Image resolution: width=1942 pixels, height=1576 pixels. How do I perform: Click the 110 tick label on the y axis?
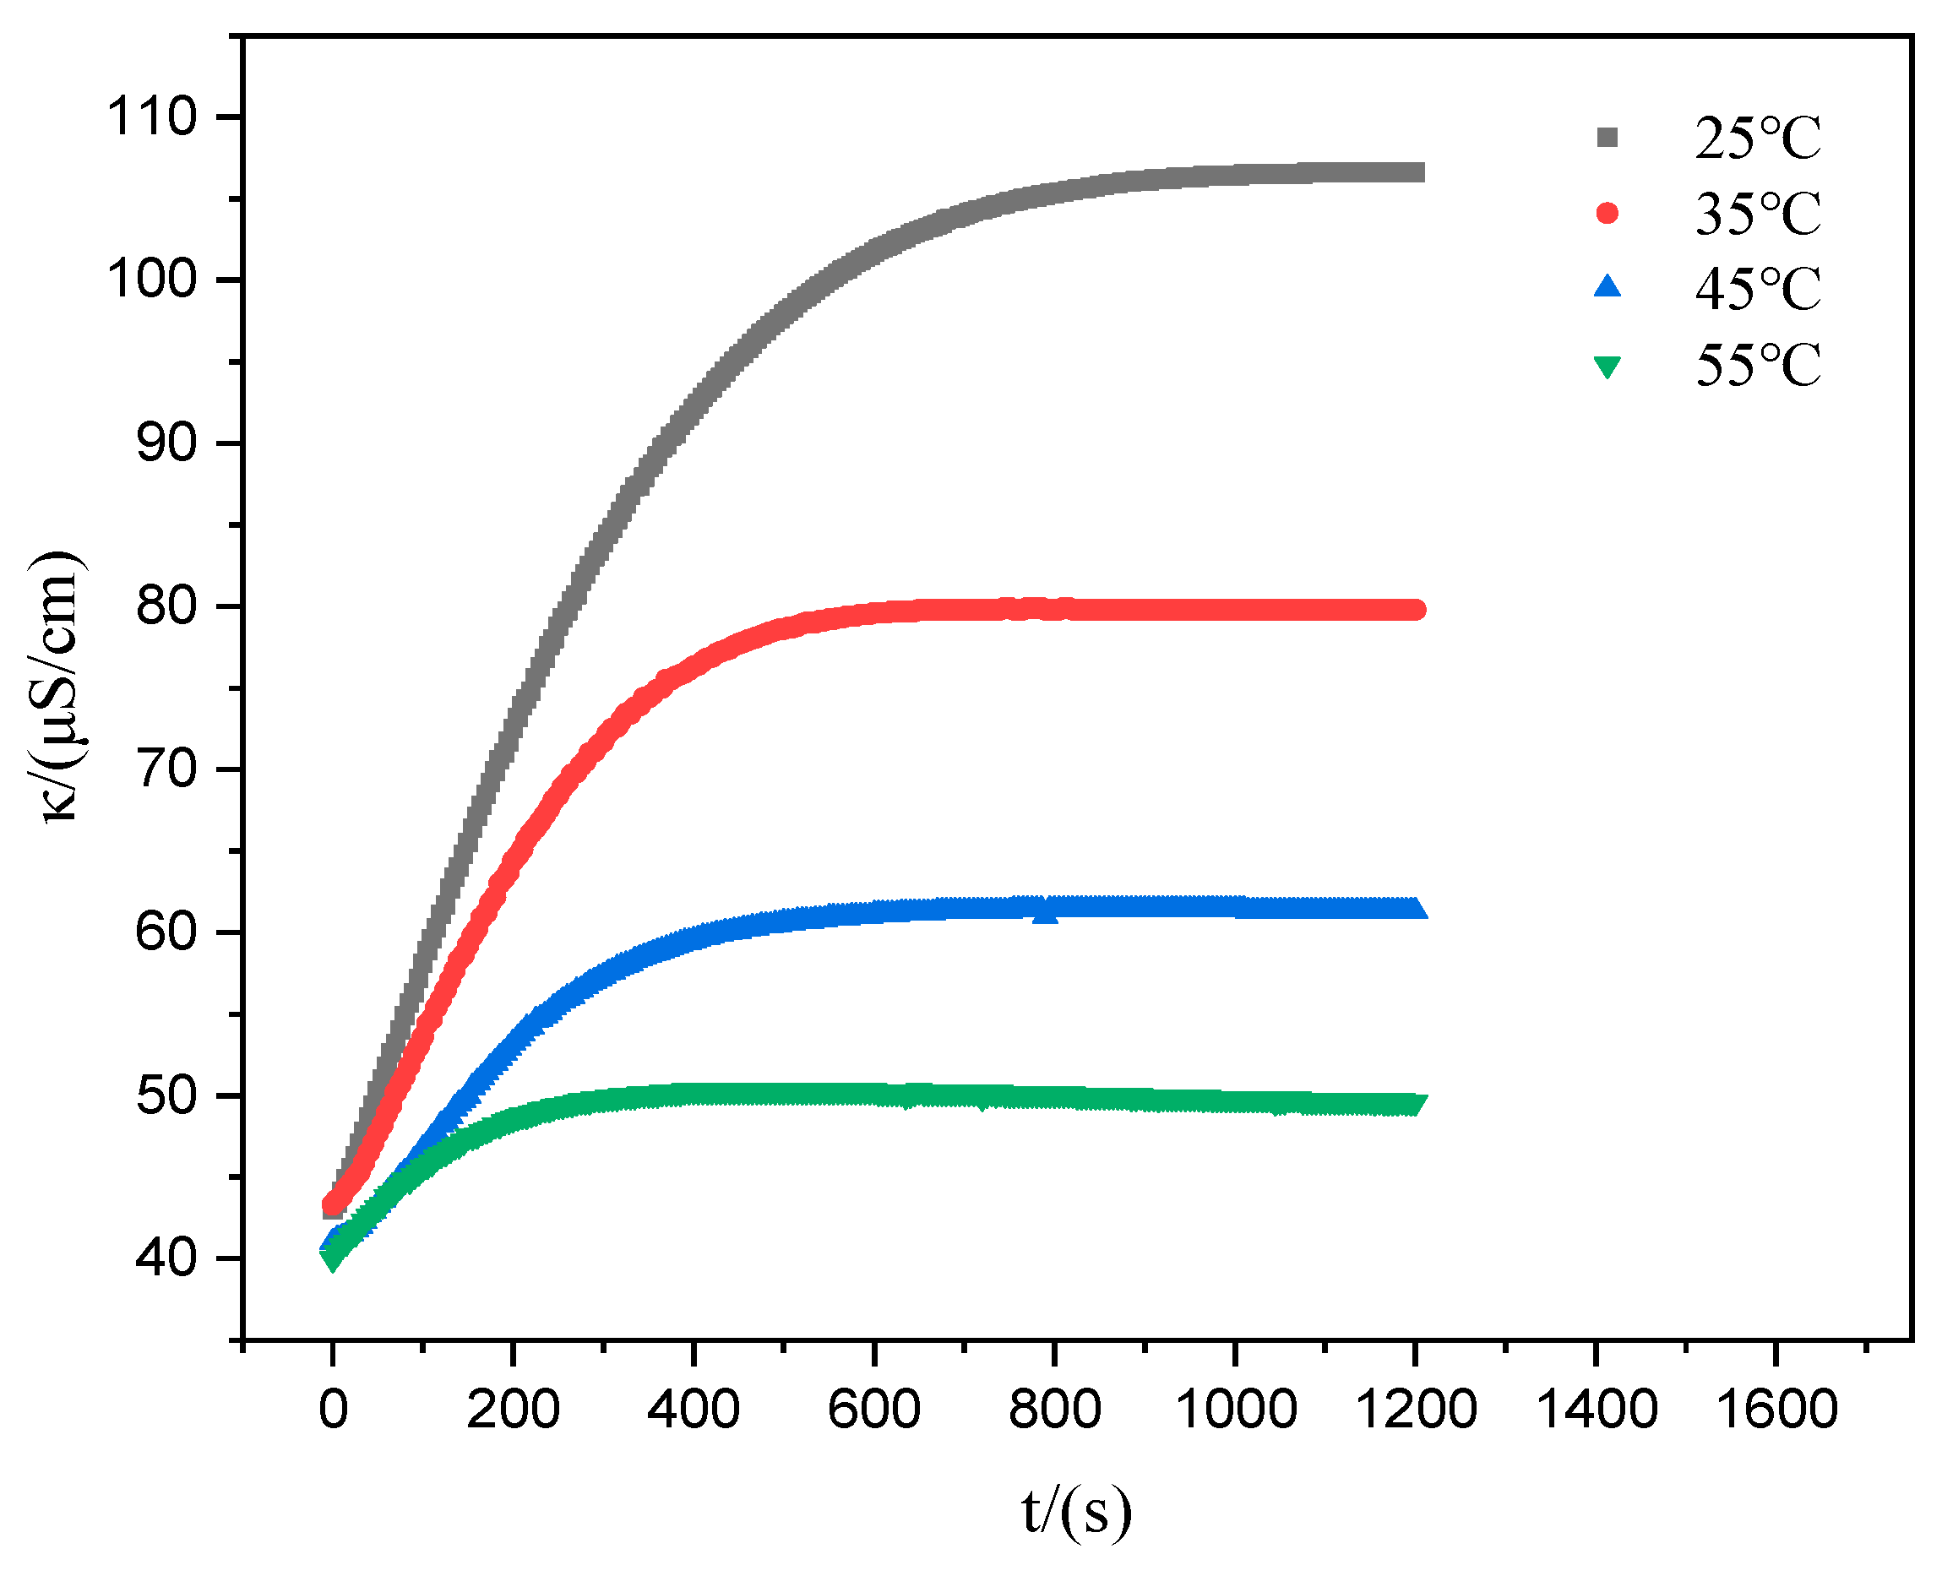(x=151, y=117)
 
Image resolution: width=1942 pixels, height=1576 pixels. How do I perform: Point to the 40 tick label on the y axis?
(x=166, y=1258)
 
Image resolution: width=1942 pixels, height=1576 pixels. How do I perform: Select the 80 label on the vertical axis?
(x=166, y=606)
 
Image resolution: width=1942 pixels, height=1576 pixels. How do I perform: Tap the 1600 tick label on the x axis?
(x=1776, y=1410)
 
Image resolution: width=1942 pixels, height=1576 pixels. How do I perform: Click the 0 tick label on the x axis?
(x=333, y=1410)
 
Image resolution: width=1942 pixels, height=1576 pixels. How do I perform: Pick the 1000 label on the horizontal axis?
(x=1235, y=1410)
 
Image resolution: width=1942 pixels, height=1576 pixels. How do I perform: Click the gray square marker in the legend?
(x=1607, y=138)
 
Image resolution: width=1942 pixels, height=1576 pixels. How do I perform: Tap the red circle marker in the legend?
(x=1607, y=214)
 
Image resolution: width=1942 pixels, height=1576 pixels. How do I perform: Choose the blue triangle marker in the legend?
(x=1607, y=288)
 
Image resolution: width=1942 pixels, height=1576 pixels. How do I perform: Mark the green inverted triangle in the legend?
(x=1607, y=366)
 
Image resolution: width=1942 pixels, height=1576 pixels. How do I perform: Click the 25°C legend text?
(x=1758, y=139)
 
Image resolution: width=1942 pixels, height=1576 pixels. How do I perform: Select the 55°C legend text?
(x=1758, y=366)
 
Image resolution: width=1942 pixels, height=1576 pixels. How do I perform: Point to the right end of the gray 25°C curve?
(x=1415, y=172)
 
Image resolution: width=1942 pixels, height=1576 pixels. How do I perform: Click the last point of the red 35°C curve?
(x=1415, y=609)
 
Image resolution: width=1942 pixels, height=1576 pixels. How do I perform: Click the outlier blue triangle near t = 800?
(x=1046, y=913)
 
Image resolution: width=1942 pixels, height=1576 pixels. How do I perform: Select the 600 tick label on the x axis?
(x=873, y=1410)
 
